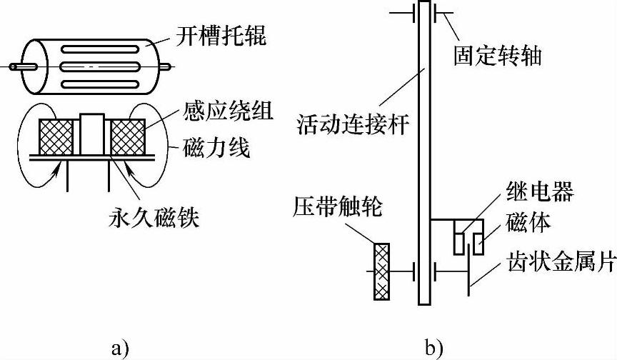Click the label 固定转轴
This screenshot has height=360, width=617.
tap(497, 54)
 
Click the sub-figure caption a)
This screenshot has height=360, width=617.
tap(120, 346)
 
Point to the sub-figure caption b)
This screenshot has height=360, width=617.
tap(434, 346)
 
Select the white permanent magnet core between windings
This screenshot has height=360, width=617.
tap(91, 133)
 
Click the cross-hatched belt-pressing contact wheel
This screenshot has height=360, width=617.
tap(383, 272)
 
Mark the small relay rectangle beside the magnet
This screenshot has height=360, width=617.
tap(457, 240)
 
